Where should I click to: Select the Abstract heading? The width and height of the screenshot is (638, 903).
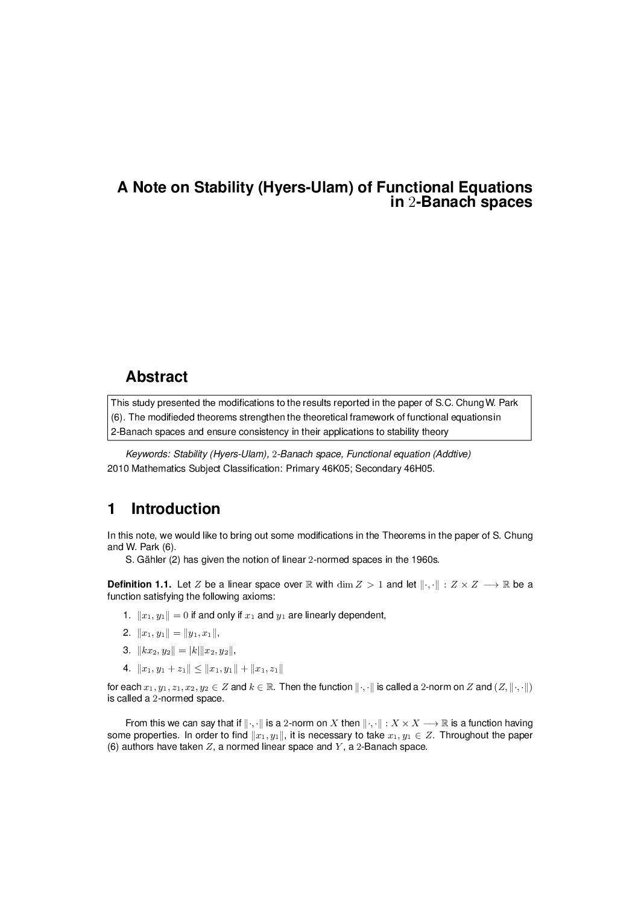click(156, 377)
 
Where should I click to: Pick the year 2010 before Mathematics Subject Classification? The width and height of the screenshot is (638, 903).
click(117, 468)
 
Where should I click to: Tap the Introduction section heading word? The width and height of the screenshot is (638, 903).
click(175, 509)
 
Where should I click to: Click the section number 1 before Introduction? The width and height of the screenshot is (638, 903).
click(111, 509)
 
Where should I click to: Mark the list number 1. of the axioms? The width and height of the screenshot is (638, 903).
click(126, 615)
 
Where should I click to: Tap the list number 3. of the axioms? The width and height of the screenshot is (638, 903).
click(126, 650)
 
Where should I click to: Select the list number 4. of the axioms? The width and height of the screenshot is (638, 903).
click(126, 668)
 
